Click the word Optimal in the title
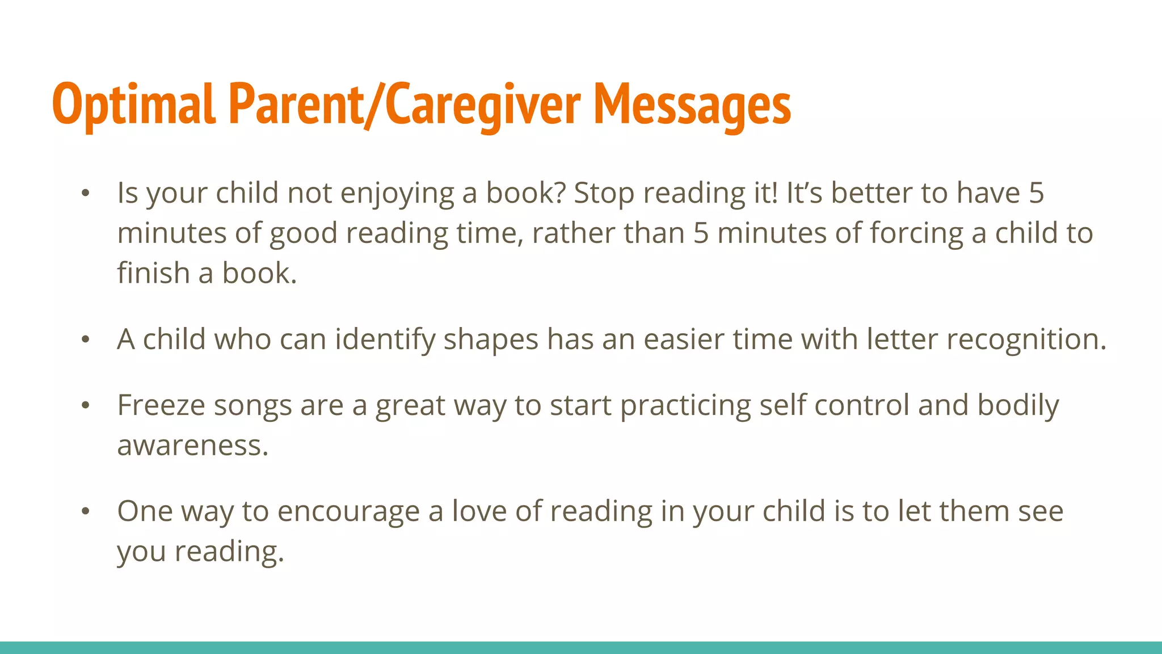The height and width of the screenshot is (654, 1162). tap(134, 104)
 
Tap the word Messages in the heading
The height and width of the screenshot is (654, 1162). tap(692, 104)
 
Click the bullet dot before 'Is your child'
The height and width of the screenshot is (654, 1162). tap(85, 194)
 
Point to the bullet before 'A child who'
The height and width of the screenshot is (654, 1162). tap(85, 340)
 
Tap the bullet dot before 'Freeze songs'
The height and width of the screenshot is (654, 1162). tap(85, 406)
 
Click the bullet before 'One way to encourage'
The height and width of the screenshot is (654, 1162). tap(85, 512)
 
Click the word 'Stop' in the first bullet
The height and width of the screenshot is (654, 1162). tap(604, 194)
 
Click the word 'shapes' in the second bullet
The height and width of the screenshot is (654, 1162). tap(490, 340)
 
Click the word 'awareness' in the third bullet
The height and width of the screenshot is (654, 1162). tap(192, 446)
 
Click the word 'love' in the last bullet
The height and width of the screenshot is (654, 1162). tap(479, 512)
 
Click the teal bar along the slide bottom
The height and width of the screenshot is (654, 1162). tap(581, 648)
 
